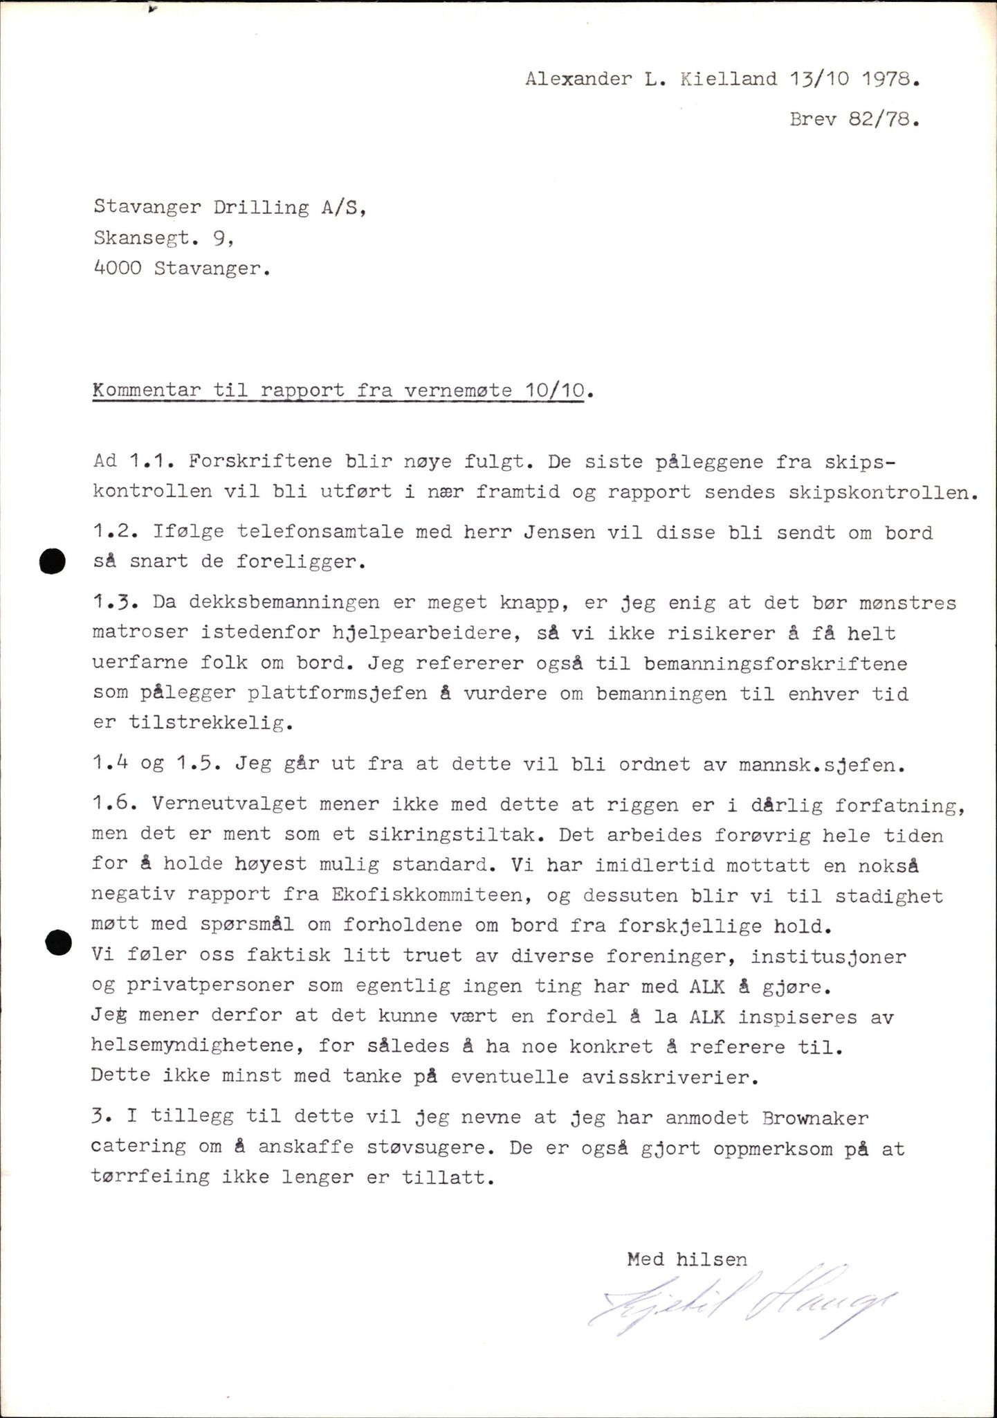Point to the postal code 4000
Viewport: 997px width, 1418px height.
(x=117, y=269)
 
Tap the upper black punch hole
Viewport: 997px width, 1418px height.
(x=52, y=561)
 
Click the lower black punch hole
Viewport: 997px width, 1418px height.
(x=58, y=942)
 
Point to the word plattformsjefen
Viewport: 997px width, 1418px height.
(x=337, y=694)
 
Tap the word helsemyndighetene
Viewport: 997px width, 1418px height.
(x=196, y=1047)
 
